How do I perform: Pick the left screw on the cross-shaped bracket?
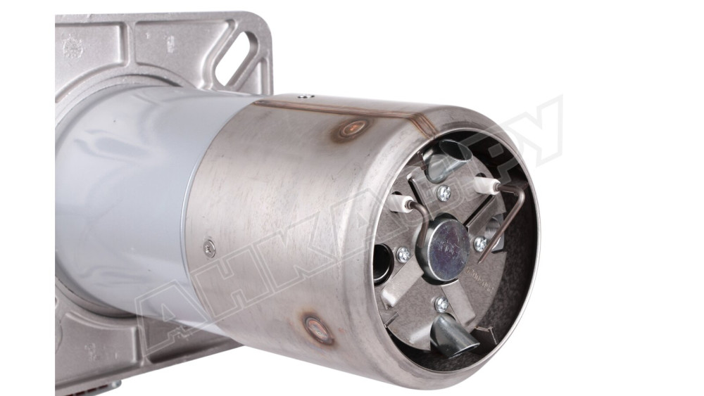(403, 254)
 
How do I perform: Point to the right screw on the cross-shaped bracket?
(481, 243)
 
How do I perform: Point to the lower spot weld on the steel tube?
(318, 329)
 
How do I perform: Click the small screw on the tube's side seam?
(209, 246)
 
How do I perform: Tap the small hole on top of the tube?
(303, 96)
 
